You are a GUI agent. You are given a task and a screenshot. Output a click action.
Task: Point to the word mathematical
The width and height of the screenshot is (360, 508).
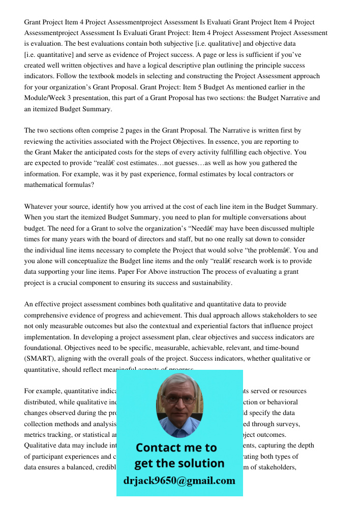[x=46, y=185]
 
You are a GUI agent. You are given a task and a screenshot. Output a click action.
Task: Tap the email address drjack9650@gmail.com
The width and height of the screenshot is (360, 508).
[x=179, y=481]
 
